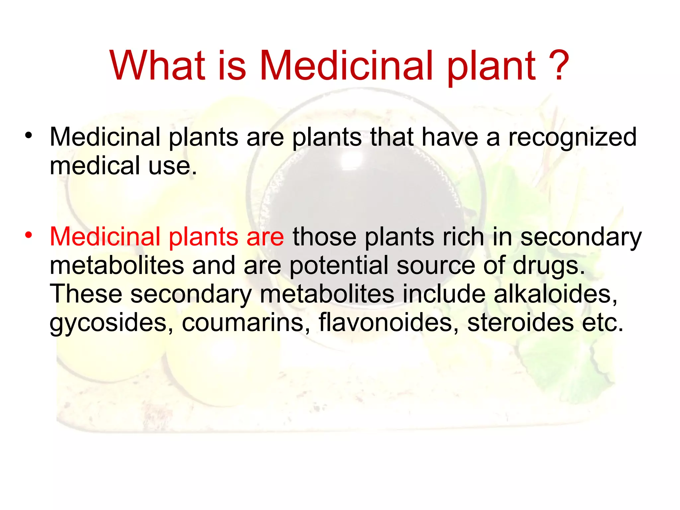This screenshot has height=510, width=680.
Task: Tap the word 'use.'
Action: [173, 166]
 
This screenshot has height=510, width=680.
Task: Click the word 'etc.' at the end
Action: [603, 323]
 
